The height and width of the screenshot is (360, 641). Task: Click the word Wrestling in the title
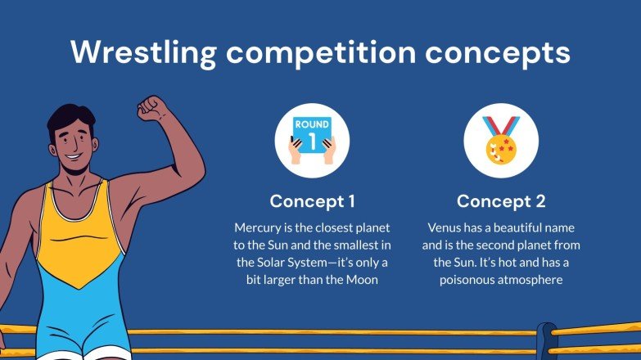pyautogui.click(x=144, y=52)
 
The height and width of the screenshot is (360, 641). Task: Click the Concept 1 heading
pyautogui.click(x=312, y=201)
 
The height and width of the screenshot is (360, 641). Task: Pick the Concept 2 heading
pyautogui.click(x=501, y=201)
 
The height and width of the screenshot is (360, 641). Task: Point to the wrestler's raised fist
pyautogui.click(x=152, y=108)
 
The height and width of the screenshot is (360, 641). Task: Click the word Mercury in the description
pyautogui.click(x=259, y=226)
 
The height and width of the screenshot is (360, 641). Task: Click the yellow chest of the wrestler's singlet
pyautogui.click(x=78, y=245)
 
